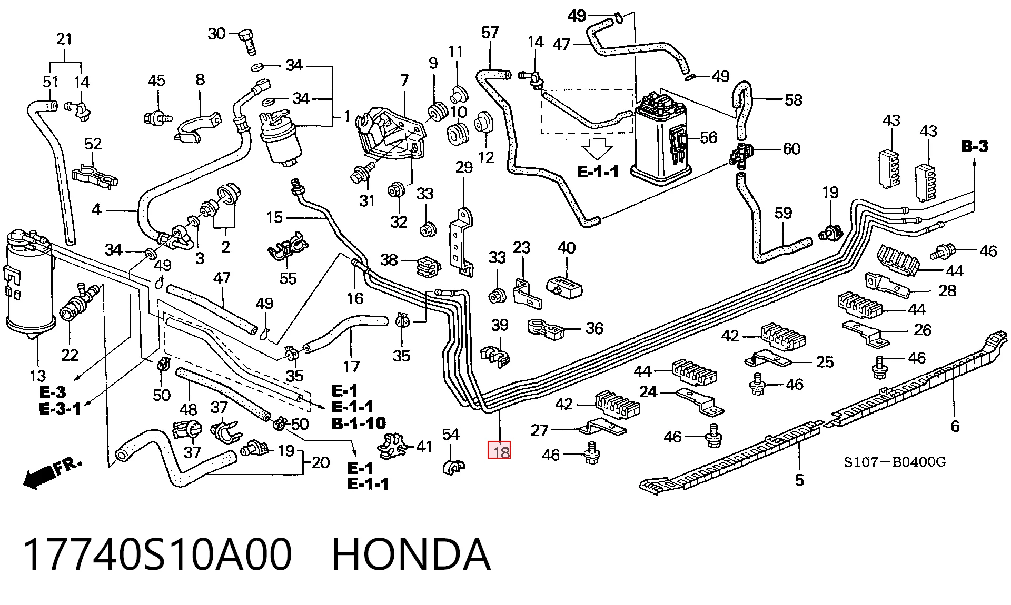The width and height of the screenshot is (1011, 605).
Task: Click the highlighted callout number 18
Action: [499, 451]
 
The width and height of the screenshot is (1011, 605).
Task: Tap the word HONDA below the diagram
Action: [411, 555]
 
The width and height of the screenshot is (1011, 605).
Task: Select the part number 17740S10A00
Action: [157, 555]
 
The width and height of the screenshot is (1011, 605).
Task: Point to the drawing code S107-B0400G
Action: [895, 462]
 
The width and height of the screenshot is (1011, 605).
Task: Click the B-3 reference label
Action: [975, 147]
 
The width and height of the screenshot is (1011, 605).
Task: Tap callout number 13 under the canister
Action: [38, 376]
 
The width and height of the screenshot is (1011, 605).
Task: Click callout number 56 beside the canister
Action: [709, 137]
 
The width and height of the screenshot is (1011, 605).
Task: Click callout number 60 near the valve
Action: [791, 149]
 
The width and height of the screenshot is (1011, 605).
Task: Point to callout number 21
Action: [64, 39]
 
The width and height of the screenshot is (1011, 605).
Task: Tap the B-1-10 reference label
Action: [358, 422]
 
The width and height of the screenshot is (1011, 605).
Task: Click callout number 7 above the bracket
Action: [404, 80]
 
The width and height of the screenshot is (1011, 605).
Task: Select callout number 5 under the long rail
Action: [799, 480]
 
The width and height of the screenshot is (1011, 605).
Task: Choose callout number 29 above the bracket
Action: [464, 168]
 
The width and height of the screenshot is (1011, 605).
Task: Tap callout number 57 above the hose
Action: [490, 33]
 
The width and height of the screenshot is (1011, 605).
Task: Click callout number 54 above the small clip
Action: [451, 434]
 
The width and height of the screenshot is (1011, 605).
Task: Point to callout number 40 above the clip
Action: [567, 247]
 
